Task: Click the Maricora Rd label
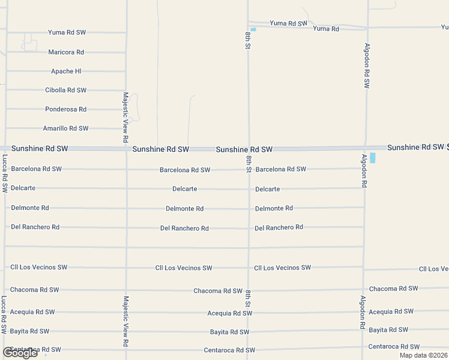coord(66,52)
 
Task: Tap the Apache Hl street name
coord(66,71)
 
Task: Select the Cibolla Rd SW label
coord(66,90)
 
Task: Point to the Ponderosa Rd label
coord(66,109)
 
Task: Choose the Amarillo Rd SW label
coord(66,128)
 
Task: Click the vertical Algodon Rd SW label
coord(366,66)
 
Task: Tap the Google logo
coord(20,353)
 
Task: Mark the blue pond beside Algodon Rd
coord(373,158)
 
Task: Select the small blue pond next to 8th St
coord(253,29)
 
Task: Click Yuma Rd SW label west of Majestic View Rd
coord(67,33)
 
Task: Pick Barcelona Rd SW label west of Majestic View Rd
coord(36,169)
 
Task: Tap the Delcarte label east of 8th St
coord(267,189)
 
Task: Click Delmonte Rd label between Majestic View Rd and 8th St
coord(185,209)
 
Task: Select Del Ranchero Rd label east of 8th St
coord(279,227)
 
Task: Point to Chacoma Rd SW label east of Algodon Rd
coord(393,289)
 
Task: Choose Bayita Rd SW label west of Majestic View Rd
coord(30,331)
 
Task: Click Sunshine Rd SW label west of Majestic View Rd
coord(40,148)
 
